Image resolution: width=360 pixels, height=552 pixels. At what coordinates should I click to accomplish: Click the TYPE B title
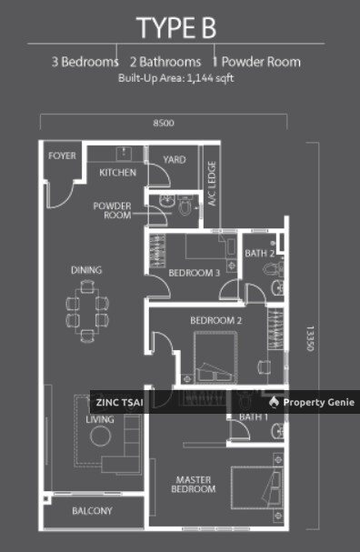(x=176, y=28)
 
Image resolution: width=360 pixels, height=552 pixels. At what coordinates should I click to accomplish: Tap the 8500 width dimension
(x=164, y=123)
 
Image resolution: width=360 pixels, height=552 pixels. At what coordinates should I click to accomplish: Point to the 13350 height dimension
(x=310, y=338)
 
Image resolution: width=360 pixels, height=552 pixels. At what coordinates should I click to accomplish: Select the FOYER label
(x=63, y=156)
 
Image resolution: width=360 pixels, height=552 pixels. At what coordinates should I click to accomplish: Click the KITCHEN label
(x=117, y=173)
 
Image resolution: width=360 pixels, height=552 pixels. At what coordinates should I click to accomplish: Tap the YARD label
(x=175, y=160)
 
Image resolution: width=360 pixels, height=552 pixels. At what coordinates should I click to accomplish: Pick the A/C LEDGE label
(x=212, y=184)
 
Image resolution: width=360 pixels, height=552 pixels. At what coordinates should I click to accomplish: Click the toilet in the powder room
(x=185, y=206)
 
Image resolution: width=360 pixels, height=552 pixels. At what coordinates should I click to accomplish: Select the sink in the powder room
(x=166, y=201)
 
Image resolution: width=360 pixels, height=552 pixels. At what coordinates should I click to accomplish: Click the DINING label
(x=86, y=270)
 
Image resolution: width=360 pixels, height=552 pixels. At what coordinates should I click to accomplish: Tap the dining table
(x=87, y=311)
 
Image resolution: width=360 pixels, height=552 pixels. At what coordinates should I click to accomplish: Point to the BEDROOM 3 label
(x=195, y=273)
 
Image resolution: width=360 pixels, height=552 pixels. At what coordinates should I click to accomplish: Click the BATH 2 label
(x=260, y=253)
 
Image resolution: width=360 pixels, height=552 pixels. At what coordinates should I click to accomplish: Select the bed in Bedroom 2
(x=215, y=357)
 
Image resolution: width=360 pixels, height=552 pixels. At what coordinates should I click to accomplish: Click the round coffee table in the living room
(x=100, y=436)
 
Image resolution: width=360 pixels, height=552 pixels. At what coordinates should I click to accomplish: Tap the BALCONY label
(x=92, y=511)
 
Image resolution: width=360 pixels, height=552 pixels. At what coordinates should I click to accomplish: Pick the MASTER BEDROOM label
(x=194, y=485)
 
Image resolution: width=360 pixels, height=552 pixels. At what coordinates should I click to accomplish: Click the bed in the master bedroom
(x=257, y=488)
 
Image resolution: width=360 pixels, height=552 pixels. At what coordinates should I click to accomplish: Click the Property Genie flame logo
(x=274, y=402)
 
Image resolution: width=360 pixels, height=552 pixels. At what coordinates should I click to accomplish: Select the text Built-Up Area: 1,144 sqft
(x=176, y=78)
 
